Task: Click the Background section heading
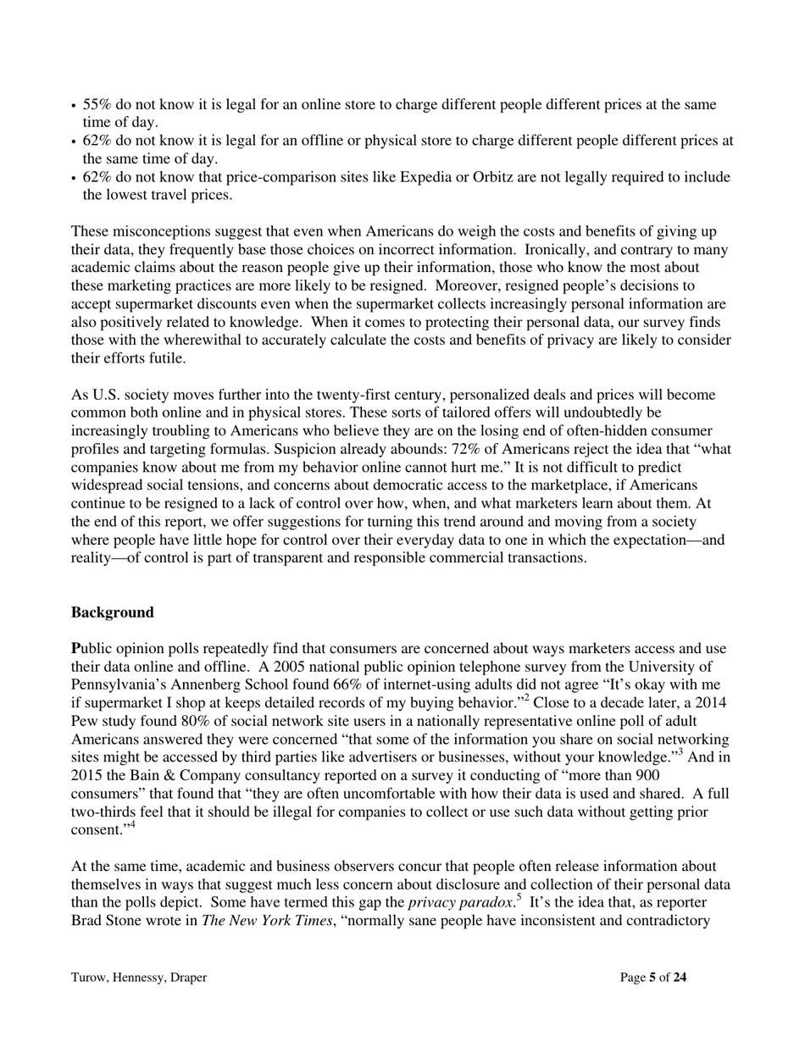[x=113, y=612]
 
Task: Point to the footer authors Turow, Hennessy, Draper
[x=139, y=978]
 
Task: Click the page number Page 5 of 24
[x=652, y=978]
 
